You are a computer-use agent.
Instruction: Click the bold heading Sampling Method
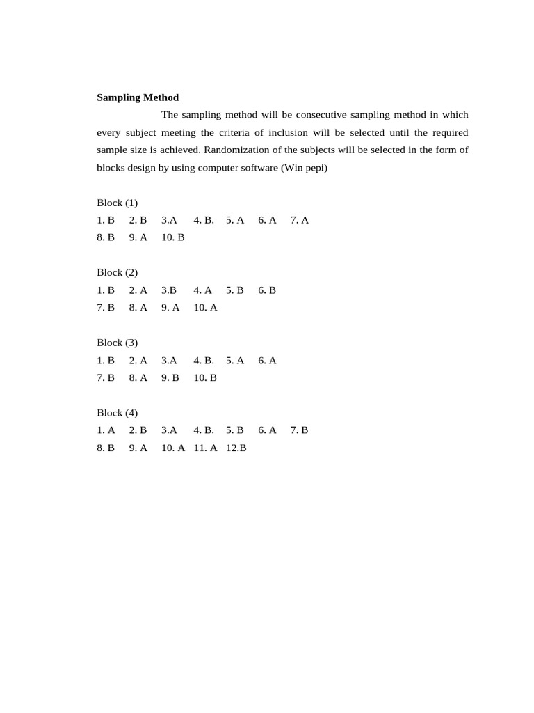[x=138, y=97]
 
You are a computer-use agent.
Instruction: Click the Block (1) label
[x=117, y=203]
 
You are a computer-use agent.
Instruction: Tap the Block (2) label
[x=117, y=272]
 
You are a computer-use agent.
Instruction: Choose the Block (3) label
[x=117, y=343]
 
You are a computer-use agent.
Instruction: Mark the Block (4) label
[x=117, y=413]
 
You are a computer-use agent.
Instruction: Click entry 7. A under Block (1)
[x=300, y=220]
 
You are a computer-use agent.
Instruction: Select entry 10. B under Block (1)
[x=173, y=237]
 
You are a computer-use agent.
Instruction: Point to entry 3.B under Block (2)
[x=169, y=290]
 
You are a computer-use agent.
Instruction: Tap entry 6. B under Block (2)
[x=267, y=290]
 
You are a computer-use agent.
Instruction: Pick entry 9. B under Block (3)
[x=170, y=377]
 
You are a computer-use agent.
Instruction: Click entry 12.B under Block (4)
[x=236, y=448]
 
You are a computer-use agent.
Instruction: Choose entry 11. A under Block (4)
[x=206, y=448]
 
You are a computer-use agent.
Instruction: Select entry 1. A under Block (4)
[x=106, y=430]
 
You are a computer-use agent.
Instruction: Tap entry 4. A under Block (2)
[x=203, y=290]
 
